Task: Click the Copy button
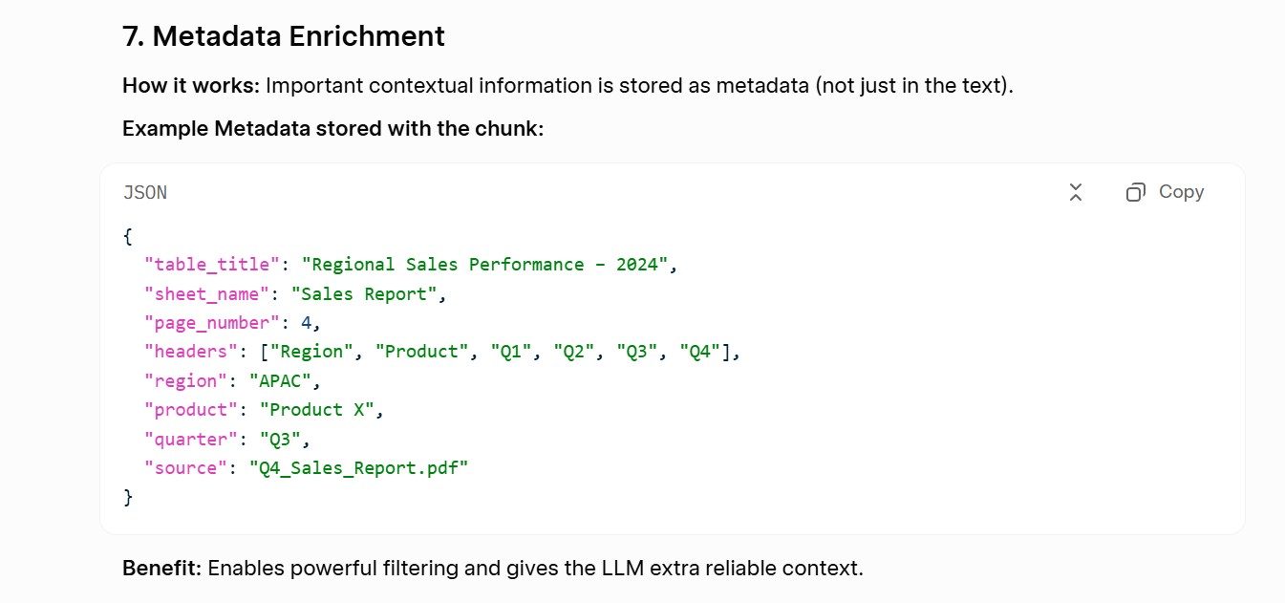click(1165, 192)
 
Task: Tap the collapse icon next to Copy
click(1076, 192)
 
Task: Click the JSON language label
click(145, 193)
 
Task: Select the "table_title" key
click(212, 265)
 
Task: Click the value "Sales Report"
click(364, 294)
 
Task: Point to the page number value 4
click(307, 323)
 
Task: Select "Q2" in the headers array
click(573, 352)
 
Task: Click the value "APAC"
click(280, 381)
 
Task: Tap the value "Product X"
click(316, 410)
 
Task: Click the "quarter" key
click(190, 440)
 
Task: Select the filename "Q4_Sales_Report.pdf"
click(358, 468)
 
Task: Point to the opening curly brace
click(128, 236)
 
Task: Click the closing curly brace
click(128, 498)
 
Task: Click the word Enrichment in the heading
click(367, 36)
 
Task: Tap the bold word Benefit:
click(161, 568)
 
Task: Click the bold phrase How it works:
click(191, 85)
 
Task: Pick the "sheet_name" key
click(206, 294)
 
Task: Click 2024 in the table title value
click(636, 265)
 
